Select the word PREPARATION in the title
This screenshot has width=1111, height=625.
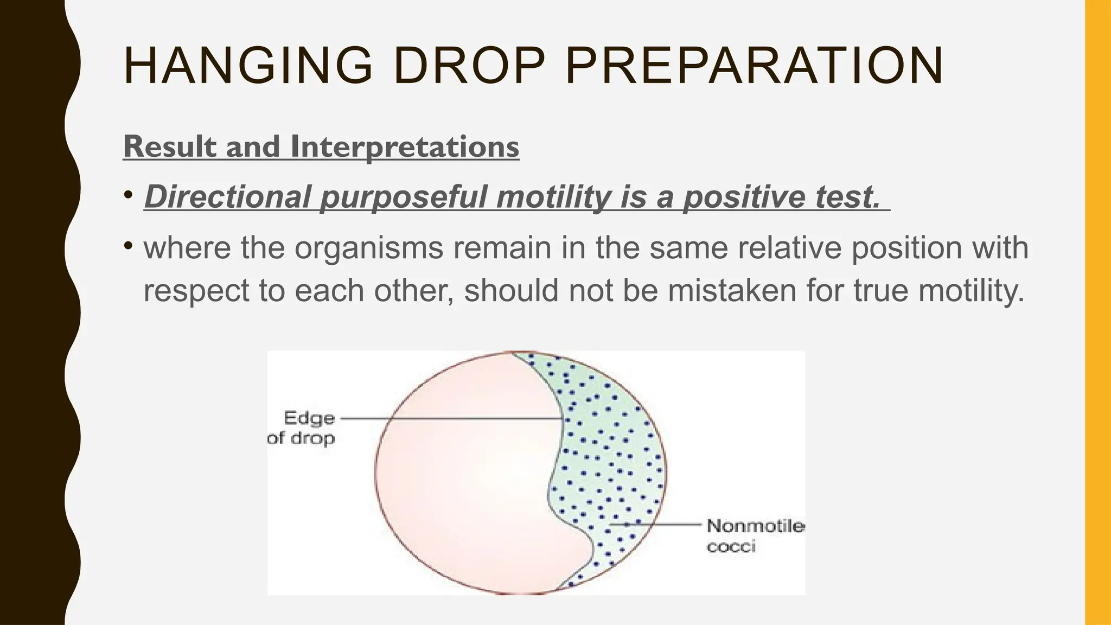coord(754,66)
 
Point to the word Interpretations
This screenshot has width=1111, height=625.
coord(405,146)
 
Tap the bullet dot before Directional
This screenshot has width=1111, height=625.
coord(128,194)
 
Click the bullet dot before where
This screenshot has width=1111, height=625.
coord(128,246)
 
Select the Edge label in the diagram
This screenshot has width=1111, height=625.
coord(309,418)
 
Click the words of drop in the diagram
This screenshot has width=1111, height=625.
coord(301,438)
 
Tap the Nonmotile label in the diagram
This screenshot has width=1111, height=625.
coord(755,526)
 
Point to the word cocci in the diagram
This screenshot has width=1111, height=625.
coord(731,546)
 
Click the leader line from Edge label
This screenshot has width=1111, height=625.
coord(450,418)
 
